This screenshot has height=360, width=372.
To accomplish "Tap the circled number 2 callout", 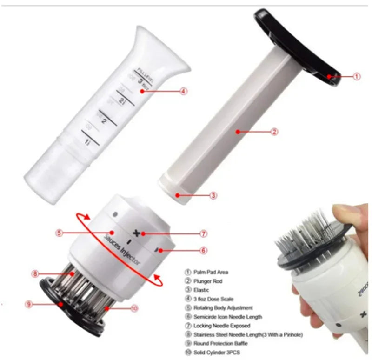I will pyautogui.click(x=274, y=132).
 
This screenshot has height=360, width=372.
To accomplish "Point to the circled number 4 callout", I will pyautogui.click(x=184, y=92).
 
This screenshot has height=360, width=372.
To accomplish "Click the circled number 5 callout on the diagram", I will pyautogui.click(x=59, y=233).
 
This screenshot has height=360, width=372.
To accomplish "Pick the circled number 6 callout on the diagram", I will pyautogui.click(x=204, y=250).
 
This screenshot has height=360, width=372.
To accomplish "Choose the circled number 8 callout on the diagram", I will pyautogui.click(x=35, y=274).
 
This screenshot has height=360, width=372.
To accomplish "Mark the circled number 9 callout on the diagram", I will pyautogui.click(x=29, y=305).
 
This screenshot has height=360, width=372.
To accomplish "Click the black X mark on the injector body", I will pyautogui.click(x=136, y=233).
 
